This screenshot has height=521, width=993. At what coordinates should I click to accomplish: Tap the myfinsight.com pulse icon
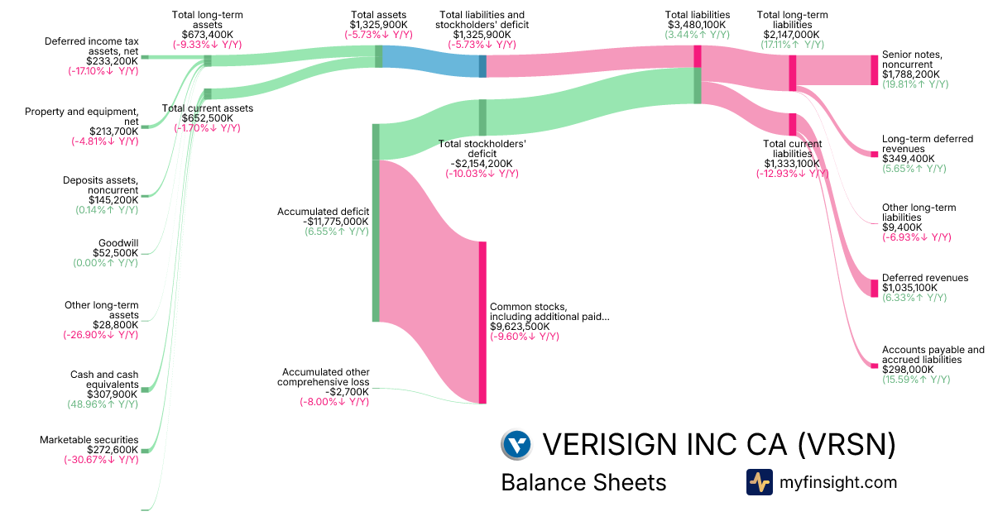pos(760,482)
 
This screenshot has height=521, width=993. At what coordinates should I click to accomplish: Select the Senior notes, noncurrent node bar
pos(874,70)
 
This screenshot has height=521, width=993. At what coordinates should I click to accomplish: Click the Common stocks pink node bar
pos(482,322)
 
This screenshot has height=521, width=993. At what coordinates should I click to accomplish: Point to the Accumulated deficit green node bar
pos(376,222)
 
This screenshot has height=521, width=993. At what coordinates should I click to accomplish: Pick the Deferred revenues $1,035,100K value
pos(909,288)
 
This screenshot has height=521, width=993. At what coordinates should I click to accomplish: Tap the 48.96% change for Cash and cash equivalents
pos(103,405)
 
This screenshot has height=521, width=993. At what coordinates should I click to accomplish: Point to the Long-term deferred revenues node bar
pos(874,154)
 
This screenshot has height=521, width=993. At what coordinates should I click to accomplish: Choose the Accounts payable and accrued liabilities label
pos(933,355)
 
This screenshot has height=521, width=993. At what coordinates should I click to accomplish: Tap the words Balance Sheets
pos(583,482)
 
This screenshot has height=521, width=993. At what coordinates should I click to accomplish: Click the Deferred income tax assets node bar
pos(144,57)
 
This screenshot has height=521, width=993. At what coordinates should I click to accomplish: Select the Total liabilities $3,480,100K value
pos(697,25)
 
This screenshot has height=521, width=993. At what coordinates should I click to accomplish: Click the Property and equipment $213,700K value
pos(113,131)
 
